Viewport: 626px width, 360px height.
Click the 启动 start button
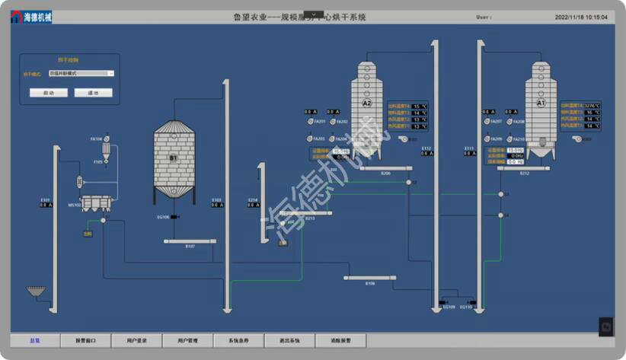pos(49,93)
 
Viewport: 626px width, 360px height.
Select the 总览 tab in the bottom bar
pos(34,340)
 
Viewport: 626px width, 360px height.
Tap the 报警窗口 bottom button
pos(85,340)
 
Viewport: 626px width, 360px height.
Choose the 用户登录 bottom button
pos(136,340)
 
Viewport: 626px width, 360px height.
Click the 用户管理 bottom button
pos(187,340)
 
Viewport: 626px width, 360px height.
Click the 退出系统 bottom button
pos(289,340)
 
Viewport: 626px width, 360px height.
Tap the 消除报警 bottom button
pos(340,340)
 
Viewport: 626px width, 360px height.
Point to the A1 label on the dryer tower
pos(541,102)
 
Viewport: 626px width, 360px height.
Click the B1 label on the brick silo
pos(173,158)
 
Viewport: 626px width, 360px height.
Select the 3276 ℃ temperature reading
pos(591,106)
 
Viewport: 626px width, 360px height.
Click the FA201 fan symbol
pos(309,122)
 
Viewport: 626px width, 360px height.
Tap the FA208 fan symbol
pos(506,122)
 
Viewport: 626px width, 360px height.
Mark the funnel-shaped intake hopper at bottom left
pos(35,291)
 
